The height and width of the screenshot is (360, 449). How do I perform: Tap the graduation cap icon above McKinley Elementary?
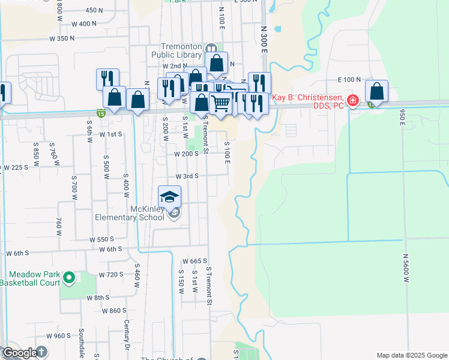click(x=170, y=196)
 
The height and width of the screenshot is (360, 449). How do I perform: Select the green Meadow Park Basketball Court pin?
click(x=68, y=277)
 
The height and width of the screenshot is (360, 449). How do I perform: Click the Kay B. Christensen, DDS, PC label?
click(x=309, y=101)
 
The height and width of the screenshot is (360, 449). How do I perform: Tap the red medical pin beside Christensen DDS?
click(x=354, y=100)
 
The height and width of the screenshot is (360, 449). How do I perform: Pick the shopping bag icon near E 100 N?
click(x=376, y=91)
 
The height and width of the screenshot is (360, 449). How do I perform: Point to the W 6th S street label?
click(x=110, y=249)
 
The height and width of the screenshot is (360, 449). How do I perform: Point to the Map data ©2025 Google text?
click(x=411, y=355)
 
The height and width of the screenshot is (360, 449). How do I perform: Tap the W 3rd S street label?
click(x=187, y=176)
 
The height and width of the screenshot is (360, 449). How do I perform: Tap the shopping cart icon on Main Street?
click(x=220, y=103)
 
